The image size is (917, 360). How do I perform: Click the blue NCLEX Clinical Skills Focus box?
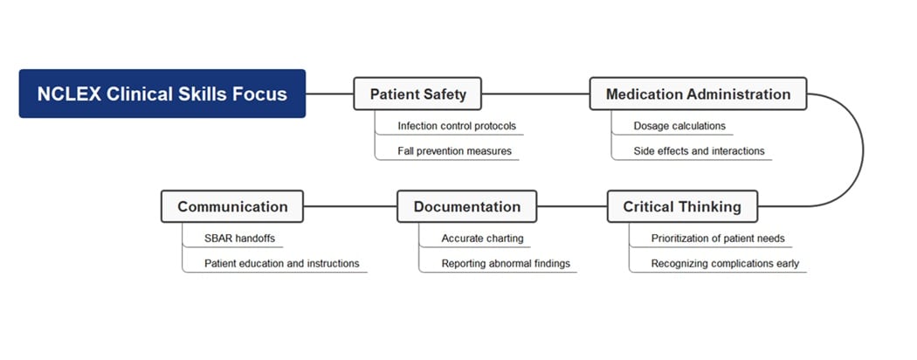point(162,93)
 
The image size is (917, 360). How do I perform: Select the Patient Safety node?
point(417,93)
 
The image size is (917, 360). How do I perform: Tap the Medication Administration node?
point(698,93)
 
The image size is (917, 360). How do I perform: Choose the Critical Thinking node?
point(682,206)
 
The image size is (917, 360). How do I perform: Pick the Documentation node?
point(466,206)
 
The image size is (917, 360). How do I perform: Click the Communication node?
point(232,206)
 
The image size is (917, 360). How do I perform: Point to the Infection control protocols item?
point(457,126)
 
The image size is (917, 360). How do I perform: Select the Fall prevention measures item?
point(454,151)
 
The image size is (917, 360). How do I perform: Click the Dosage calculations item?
point(679,126)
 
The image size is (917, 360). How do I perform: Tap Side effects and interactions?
point(699,151)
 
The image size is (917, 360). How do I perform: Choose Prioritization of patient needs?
point(718,238)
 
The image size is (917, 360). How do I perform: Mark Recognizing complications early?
point(725,263)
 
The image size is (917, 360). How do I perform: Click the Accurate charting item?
point(482,238)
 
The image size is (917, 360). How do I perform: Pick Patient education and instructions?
point(282,263)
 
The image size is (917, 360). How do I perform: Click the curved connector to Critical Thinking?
point(863,150)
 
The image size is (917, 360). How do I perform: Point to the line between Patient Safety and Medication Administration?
point(535,93)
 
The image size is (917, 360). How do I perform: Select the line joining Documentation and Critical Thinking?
point(572,206)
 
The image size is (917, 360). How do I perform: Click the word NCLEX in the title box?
point(69,93)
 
